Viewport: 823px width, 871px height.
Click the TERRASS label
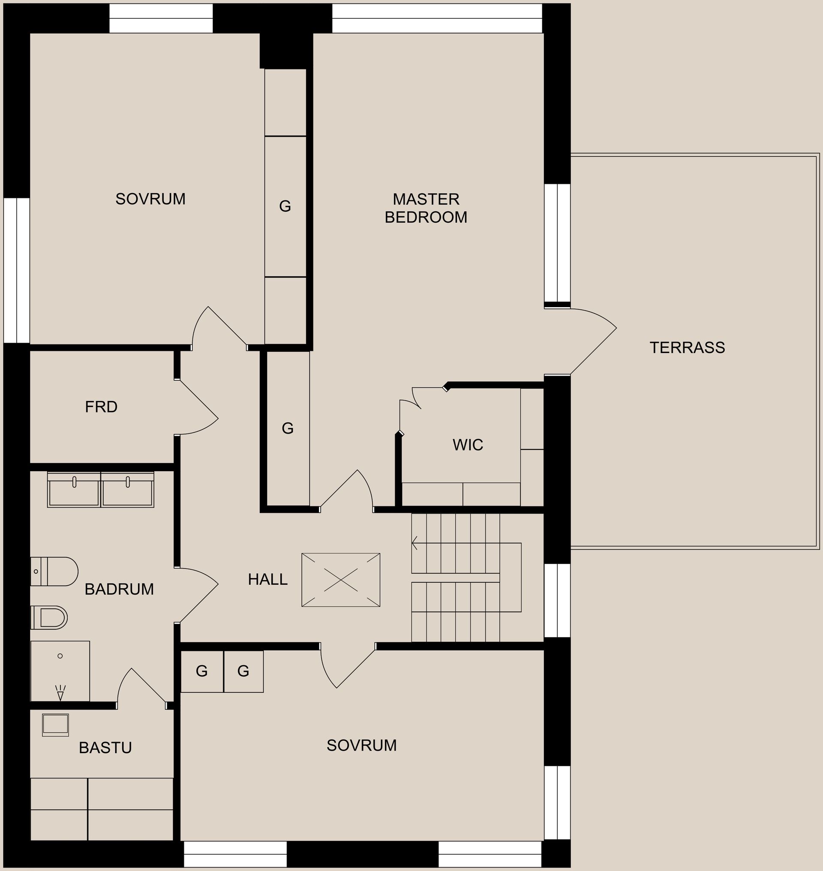pos(687,348)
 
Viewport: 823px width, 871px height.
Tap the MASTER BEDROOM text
pos(426,208)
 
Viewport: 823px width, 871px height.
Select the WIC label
pos(468,445)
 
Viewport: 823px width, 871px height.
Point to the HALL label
pos(267,580)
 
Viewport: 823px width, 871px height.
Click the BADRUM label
pos(119,590)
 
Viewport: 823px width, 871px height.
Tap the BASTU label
pos(105,748)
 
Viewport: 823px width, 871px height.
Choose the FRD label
pos(101,407)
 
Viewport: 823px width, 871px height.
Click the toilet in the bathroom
pos(54,572)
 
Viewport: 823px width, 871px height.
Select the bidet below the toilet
pos(49,617)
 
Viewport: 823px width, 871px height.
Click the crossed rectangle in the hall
pos(341,580)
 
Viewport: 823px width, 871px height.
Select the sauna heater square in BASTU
pos(56,725)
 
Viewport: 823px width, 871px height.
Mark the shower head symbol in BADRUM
pos(60,692)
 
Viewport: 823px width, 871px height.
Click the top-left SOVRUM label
pos(150,199)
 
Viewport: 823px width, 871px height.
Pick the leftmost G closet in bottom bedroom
pos(202,671)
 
